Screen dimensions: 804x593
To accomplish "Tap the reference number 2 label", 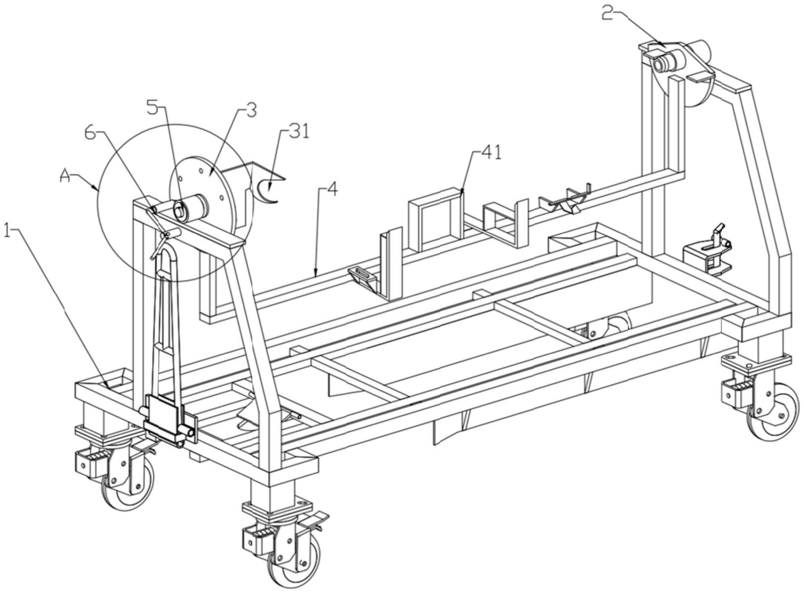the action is (608, 13).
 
